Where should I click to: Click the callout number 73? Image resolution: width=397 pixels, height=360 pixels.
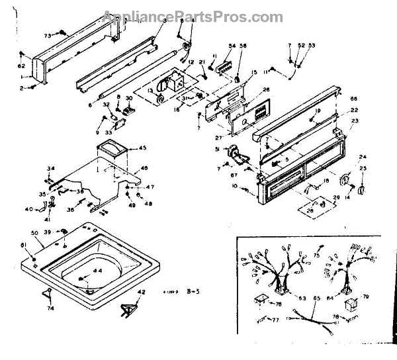pos(48,35)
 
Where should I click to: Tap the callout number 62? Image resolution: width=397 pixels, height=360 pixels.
pos(21,67)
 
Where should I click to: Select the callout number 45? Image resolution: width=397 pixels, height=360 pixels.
pos(142,148)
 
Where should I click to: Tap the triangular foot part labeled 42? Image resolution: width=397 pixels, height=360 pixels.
pos(130,308)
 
